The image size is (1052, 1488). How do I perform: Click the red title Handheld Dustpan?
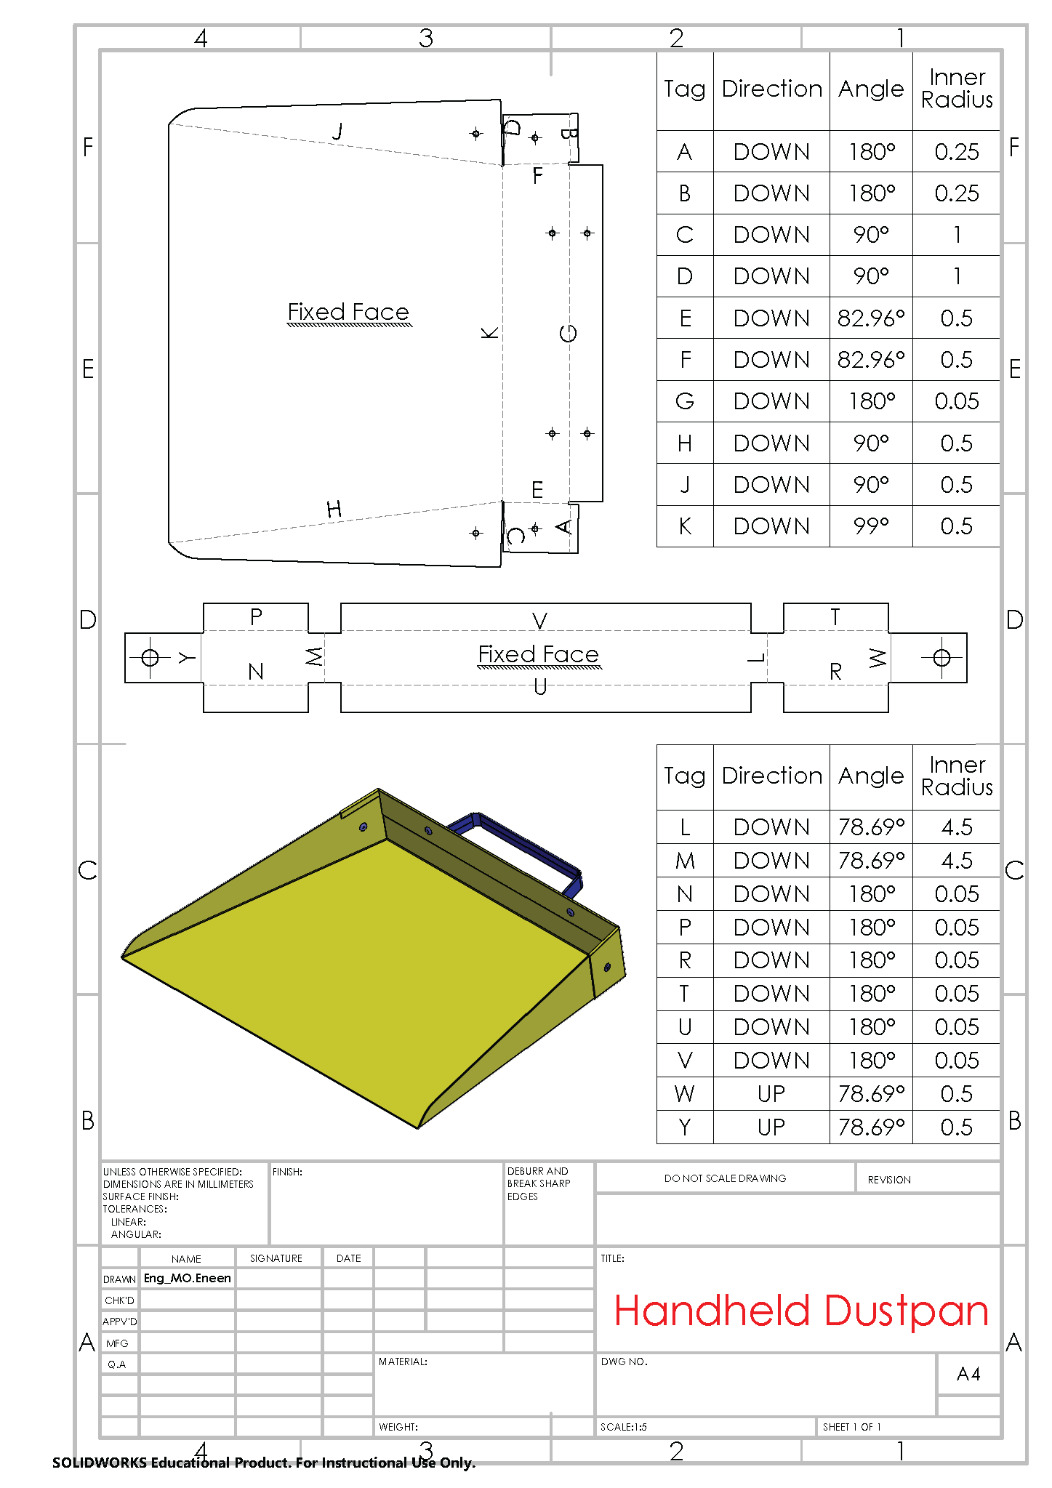(801, 1311)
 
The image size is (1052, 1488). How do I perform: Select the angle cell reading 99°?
(871, 526)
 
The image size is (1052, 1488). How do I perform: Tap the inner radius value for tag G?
(957, 401)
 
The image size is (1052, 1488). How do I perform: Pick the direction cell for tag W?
(771, 1093)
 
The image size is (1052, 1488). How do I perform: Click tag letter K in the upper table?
(685, 526)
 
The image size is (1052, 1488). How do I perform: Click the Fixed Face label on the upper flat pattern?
(348, 312)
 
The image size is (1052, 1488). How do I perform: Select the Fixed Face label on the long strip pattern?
(539, 654)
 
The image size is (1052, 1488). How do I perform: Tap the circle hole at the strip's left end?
(150, 658)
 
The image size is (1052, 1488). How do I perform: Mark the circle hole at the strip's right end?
(941, 658)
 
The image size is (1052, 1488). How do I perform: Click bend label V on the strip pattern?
(539, 621)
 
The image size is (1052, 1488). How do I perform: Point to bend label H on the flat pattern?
(334, 509)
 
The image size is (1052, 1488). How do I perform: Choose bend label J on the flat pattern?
(337, 132)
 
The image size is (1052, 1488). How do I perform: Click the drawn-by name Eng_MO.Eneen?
(188, 1278)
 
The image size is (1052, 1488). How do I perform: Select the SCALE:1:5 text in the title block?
(624, 1427)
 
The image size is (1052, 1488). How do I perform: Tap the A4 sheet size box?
(968, 1374)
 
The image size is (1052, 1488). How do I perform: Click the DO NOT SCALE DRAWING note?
(725, 1178)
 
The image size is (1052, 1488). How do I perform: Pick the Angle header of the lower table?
(871, 776)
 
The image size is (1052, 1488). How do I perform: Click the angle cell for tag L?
(871, 827)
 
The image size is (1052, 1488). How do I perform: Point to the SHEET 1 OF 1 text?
(851, 1427)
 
